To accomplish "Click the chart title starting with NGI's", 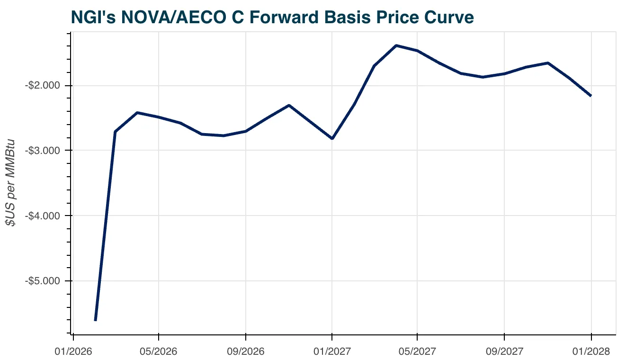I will (x=272, y=17).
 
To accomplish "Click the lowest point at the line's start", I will (x=96, y=320).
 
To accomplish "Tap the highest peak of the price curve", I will (x=396, y=45).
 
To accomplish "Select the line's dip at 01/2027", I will (x=332, y=138).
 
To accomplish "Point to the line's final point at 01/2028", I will (x=590, y=96).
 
